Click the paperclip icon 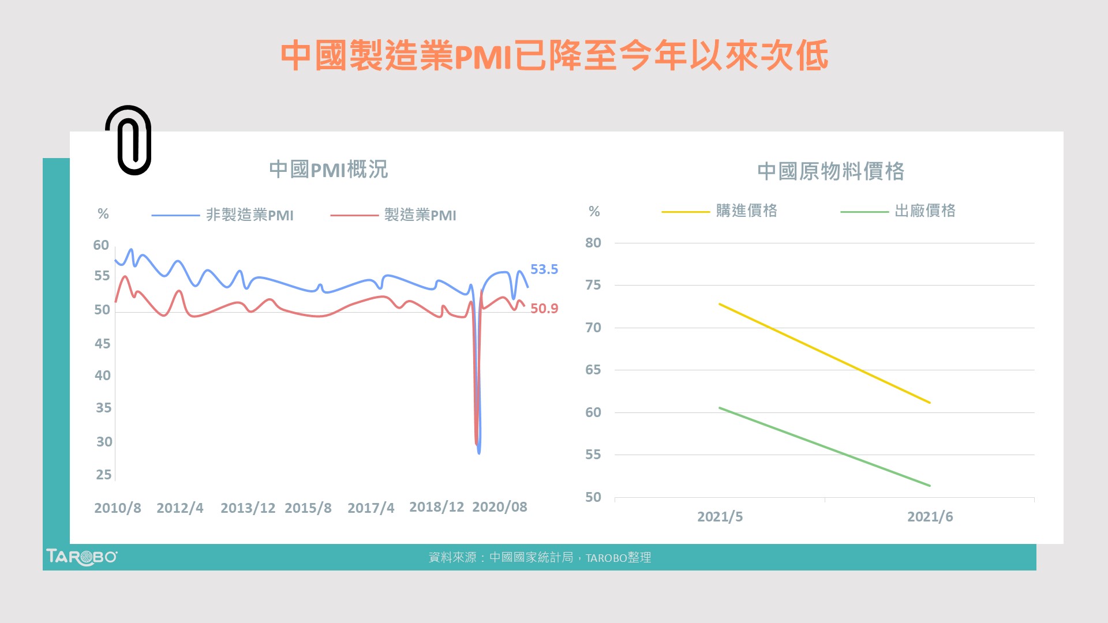pos(129,140)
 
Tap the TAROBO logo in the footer pos(81,557)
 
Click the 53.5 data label pos(544,269)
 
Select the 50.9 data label pos(544,309)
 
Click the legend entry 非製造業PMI pos(249,215)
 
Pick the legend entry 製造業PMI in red pos(420,215)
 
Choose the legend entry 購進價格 pos(746,211)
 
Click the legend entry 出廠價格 pos(924,211)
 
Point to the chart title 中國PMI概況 pos(328,170)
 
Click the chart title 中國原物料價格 pos(830,171)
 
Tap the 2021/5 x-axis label pos(720,517)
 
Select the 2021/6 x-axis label pos(930,517)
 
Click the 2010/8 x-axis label pos(118,508)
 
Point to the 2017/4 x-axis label pos(370,508)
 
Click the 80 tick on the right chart pos(593,243)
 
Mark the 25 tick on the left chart pos(104,475)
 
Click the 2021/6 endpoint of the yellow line pos(929,403)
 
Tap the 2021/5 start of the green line pos(720,408)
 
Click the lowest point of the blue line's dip pos(479,453)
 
